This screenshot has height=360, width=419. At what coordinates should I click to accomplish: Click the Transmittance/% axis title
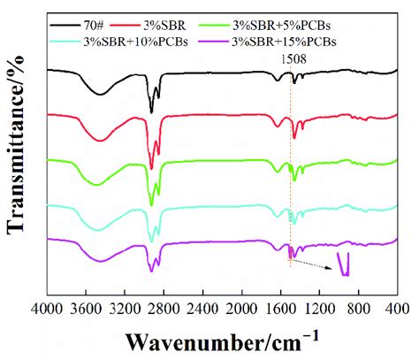click(15, 150)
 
